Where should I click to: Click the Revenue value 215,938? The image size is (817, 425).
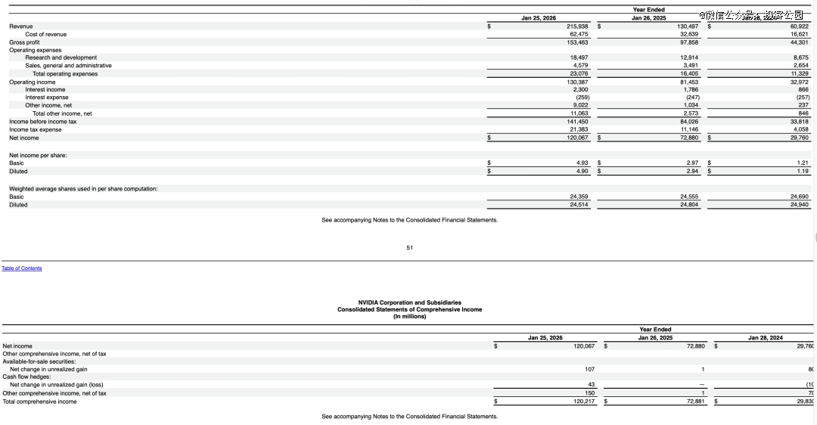pyautogui.click(x=577, y=26)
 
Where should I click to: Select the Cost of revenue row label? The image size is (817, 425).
pyautogui.click(x=45, y=34)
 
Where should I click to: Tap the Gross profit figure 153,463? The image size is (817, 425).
pyautogui.click(x=577, y=42)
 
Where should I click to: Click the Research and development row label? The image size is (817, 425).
pyautogui.click(x=61, y=57)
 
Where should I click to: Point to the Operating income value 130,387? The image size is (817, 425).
pyautogui.click(x=577, y=82)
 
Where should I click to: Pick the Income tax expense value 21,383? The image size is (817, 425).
pyautogui.click(x=579, y=129)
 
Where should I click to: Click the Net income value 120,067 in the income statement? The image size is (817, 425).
pyautogui.click(x=577, y=138)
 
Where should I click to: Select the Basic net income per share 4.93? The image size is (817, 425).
pyautogui.click(x=582, y=163)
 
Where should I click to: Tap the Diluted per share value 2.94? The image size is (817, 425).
pyautogui.click(x=692, y=171)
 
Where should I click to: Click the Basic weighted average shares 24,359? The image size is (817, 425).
pyautogui.click(x=579, y=197)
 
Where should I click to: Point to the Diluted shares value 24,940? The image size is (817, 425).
pyautogui.click(x=799, y=204)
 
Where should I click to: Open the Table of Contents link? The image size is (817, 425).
pyautogui.click(x=21, y=268)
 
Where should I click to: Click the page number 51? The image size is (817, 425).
pyautogui.click(x=409, y=247)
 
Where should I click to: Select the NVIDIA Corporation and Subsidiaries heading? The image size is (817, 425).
pyautogui.click(x=409, y=302)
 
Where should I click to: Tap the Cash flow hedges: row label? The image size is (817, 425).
pyautogui.click(x=23, y=377)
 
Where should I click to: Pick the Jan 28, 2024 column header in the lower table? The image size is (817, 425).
pyautogui.click(x=766, y=337)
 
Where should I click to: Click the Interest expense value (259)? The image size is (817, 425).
pyautogui.click(x=581, y=98)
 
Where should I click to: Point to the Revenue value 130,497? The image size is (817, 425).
pyautogui.click(x=688, y=26)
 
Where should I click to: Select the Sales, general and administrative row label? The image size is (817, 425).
pyautogui.click(x=68, y=66)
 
